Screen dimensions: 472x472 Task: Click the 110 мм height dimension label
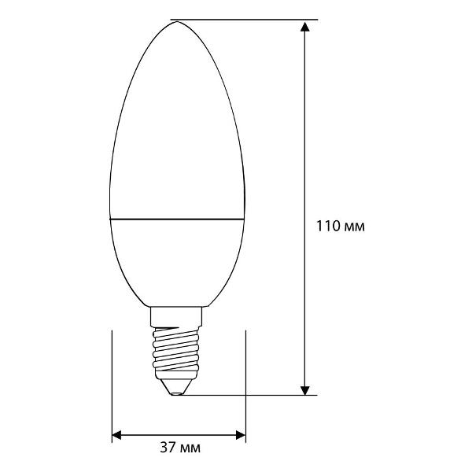click(x=340, y=227)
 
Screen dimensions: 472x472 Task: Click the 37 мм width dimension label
click(x=179, y=448)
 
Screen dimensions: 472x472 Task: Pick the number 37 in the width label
click(x=167, y=448)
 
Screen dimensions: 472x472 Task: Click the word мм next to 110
click(x=355, y=227)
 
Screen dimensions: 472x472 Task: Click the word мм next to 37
click(x=190, y=448)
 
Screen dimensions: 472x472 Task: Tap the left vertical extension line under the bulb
click(x=112, y=378)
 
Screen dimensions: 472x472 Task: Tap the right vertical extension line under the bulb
click(x=247, y=378)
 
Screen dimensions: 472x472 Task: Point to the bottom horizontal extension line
click(x=252, y=395)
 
